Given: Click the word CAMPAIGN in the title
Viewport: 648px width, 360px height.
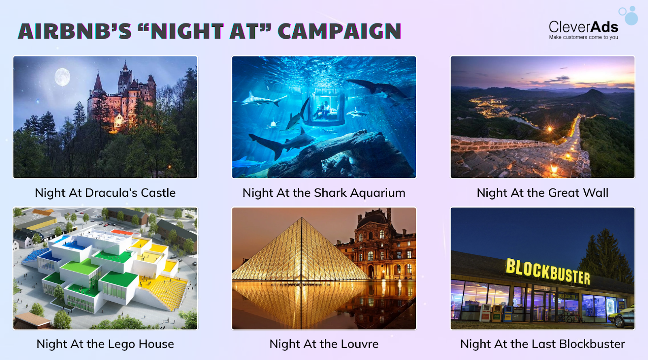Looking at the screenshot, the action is pyautogui.click(x=340, y=31).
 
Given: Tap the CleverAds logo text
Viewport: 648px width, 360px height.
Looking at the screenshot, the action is pyautogui.click(x=583, y=27).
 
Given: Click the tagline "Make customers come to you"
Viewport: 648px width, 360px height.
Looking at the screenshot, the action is pyautogui.click(x=584, y=37).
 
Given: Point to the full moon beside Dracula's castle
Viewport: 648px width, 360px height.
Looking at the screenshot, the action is pyautogui.click(x=62, y=77).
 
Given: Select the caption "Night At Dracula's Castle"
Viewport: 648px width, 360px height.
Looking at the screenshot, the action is pyautogui.click(x=105, y=193).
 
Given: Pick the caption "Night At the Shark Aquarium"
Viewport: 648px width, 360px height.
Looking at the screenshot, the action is pyautogui.click(x=324, y=193).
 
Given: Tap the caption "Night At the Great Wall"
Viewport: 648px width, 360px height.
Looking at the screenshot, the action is pyautogui.click(x=542, y=193).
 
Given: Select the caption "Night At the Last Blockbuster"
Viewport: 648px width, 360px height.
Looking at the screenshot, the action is pyautogui.click(x=542, y=344).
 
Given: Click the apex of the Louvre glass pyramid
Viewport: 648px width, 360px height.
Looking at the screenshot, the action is pyautogui.click(x=302, y=217).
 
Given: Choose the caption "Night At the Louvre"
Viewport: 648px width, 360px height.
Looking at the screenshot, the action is pyautogui.click(x=324, y=344).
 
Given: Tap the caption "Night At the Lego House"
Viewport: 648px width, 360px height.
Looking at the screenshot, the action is pyautogui.click(x=105, y=344).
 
